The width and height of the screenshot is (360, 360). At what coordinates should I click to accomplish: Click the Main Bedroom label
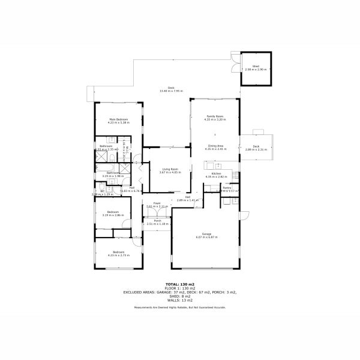pos(118,119)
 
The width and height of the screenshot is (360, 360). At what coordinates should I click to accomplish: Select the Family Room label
pos(214,116)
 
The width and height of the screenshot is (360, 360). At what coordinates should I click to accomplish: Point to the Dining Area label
pos(215,146)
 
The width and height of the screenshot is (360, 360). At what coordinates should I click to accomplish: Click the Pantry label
pos(227,188)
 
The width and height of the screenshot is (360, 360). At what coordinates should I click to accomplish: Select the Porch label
pos(157,221)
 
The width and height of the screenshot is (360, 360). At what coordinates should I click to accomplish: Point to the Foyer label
pos(157,203)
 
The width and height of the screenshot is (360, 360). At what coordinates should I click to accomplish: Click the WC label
pos(102,191)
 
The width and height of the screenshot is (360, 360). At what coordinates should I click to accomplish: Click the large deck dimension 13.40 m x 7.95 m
pos(171,91)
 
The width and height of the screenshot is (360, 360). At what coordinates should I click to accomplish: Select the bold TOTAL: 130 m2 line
pos(179,284)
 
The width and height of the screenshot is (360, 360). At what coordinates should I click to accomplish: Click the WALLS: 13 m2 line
pos(179,299)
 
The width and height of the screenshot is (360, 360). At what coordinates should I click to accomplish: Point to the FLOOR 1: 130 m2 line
pos(179,288)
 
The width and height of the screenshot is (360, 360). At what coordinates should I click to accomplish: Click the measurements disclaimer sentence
pos(179,307)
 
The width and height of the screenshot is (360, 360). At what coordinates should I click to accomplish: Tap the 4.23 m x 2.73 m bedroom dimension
pos(118,255)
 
